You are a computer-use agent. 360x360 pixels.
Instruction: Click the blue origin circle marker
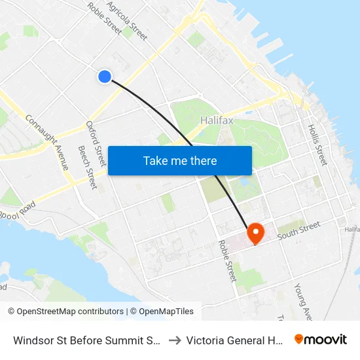coord(104,77)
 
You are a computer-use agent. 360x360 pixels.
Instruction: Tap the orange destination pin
coord(254,232)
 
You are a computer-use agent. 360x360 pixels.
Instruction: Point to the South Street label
coord(298,230)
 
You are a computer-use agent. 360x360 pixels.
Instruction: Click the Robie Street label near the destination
coord(227,260)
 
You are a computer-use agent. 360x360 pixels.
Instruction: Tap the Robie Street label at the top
coord(104,18)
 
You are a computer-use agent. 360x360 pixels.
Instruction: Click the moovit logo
coord(320,339)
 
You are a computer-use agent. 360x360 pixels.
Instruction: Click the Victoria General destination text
coord(234,340)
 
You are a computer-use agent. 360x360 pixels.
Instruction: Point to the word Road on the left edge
coord(4,288)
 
